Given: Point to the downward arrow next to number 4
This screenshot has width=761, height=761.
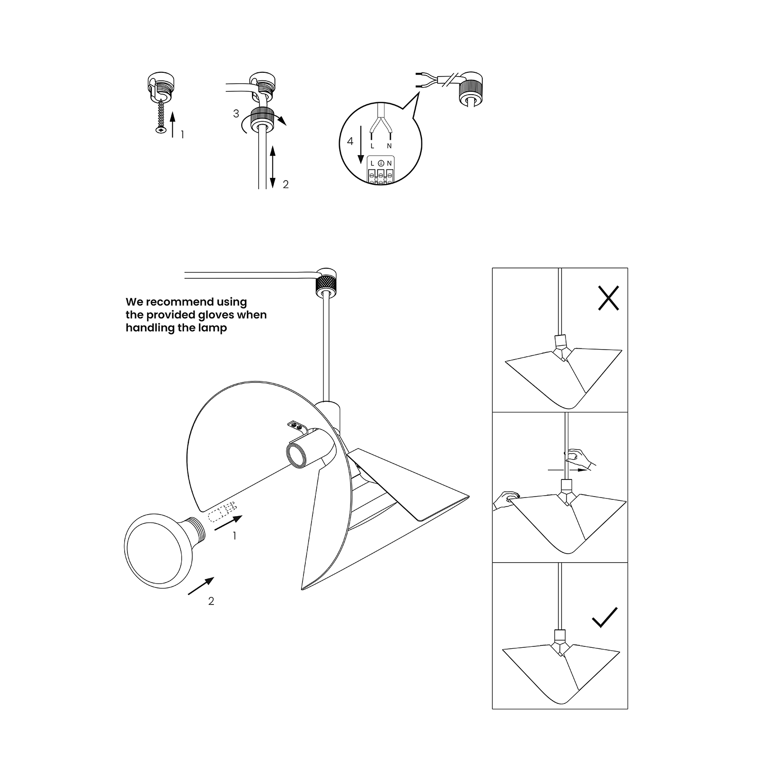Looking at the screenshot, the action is pyautogui.click(x=361, y=144).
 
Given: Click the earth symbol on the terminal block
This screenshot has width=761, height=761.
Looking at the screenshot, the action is pyautogui.click(x=381, y=163).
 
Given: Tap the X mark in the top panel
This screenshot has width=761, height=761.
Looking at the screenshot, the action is pyautogui.click(x=608, y=298).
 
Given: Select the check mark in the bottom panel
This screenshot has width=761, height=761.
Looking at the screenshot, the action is pyautogui.click(x=605, y=617).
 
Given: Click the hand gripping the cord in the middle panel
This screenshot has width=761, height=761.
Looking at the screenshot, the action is pyautogui.click(x=579, y=459).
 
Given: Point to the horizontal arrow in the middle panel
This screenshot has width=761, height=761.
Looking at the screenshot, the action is pyautogui.click(x=566, y=470).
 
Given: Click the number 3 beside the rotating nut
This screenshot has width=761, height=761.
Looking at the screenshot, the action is pyautogui.click(x=236, y=114).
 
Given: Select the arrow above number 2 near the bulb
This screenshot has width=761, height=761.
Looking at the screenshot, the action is pyautogui.click(x=201, y=585).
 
